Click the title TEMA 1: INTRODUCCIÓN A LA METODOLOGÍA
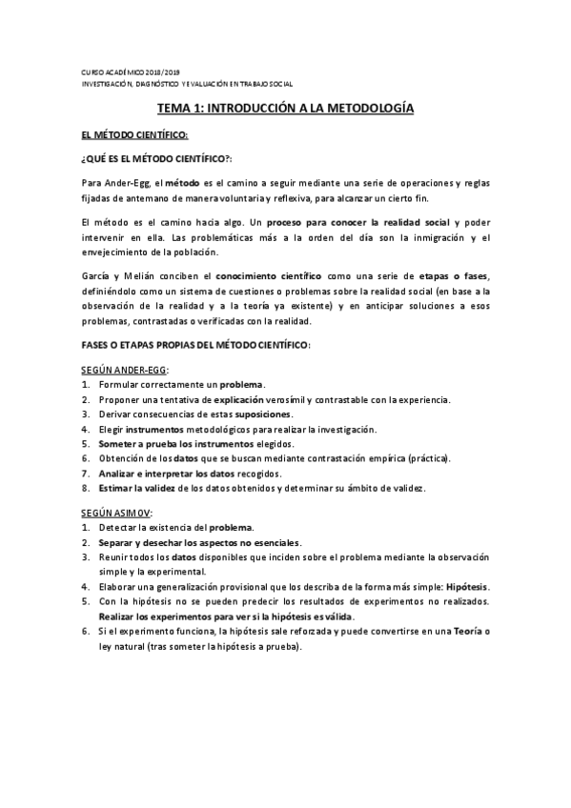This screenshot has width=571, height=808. click(x=285, y=110)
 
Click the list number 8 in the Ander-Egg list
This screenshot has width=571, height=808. click(x=85, y=489)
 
